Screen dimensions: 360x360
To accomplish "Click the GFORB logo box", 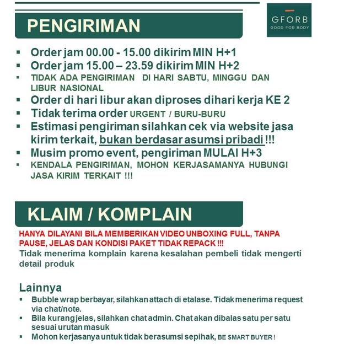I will click(x=289, y=20).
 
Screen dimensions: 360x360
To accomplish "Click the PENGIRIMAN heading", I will click(x=83, y=26).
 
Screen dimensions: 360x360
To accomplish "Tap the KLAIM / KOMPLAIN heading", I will click(x=110, y=214).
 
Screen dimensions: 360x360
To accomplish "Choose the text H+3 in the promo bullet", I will click(x=265, y=153).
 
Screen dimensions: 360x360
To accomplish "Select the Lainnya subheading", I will click(x=40, y=287).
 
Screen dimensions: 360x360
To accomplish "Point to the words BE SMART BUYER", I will click(x=245, y=337).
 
